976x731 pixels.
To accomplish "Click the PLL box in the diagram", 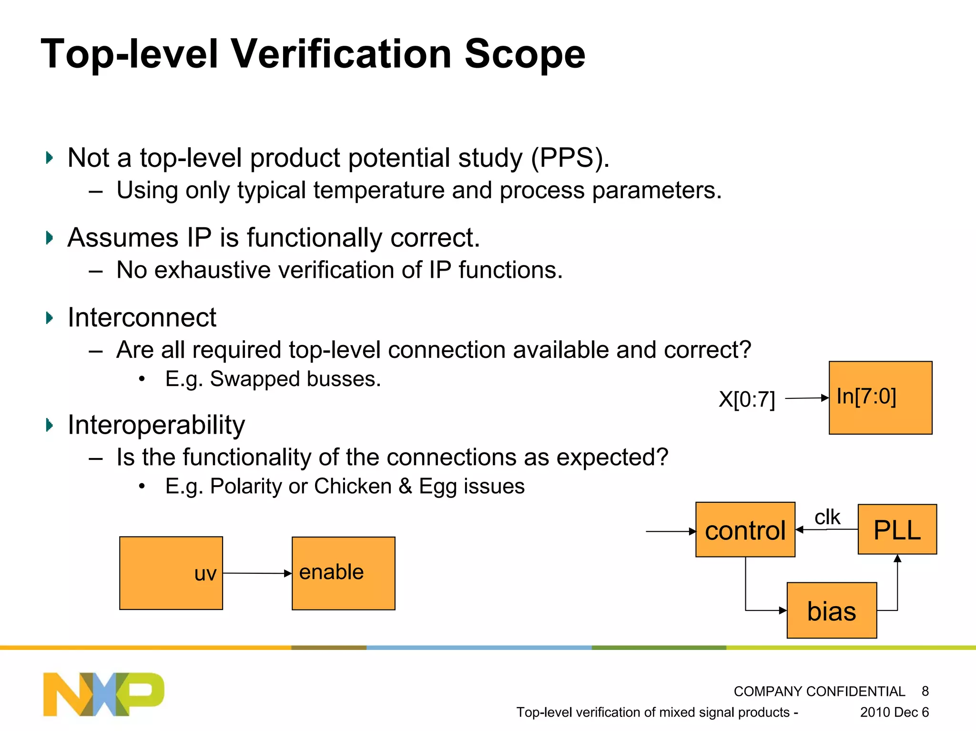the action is (897, 529).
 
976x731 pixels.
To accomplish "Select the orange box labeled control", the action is (745, 529).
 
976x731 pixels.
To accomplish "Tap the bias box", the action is (832, 610).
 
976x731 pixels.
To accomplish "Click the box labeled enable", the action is (344, 573).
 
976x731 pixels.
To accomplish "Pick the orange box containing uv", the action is (171, 573).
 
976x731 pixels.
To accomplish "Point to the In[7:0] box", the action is (881, 398).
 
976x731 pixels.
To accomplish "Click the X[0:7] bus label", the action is (747, 399).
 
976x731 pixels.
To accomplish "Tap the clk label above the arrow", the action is (827, 517).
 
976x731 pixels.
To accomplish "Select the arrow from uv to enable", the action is (257, 573).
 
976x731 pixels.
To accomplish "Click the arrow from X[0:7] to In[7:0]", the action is (807, 398).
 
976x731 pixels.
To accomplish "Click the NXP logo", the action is (103, 694).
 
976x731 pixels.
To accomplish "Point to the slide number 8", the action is (925, 691).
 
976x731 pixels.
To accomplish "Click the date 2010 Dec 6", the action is (895, 712).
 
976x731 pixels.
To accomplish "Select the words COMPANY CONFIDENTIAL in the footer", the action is (819, 691).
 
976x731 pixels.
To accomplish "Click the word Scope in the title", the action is (525, 54).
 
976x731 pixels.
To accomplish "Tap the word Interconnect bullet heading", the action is (142, 317).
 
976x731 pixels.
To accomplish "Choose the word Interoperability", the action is (156, 425).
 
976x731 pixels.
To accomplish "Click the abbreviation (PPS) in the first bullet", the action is (570, 158).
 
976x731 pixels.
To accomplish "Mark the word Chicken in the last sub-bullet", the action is (353, 486).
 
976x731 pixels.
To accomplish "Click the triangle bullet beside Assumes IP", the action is (49, 237).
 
